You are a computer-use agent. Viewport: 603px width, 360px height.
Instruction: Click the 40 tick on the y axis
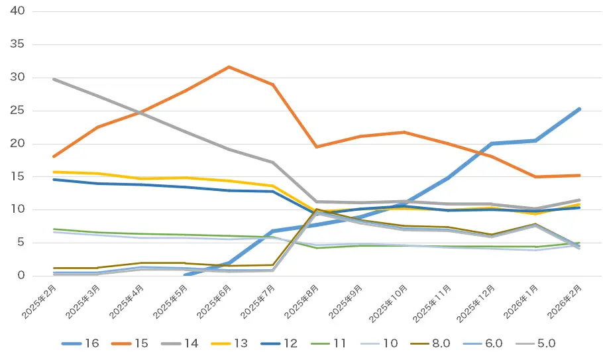(18, 11)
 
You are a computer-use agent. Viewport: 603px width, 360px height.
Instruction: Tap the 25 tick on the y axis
(18, 111)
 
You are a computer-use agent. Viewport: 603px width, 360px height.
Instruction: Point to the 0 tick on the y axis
(21, 276)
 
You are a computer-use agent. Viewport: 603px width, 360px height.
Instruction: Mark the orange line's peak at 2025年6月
(229, 67)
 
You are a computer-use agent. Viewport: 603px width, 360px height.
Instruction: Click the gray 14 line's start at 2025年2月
(53, 79)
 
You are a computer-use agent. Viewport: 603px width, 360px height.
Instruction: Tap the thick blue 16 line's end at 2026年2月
(580, 109)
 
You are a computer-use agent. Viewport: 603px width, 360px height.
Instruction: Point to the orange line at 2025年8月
(316, 147)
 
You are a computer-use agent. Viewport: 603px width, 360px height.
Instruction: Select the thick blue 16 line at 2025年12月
(492, 143)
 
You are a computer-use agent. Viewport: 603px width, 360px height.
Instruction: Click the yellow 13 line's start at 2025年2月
(53, 172)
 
